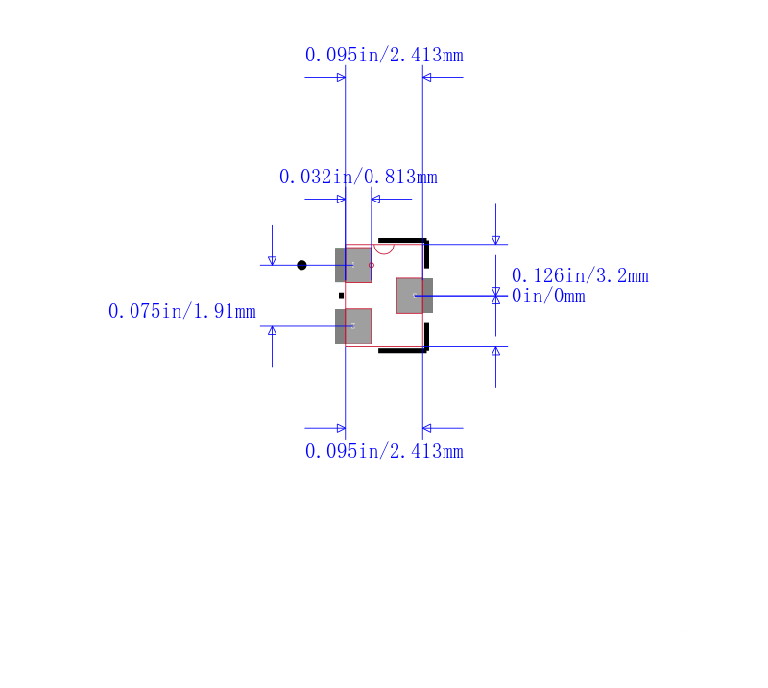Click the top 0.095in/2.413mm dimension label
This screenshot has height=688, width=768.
coord(384,55)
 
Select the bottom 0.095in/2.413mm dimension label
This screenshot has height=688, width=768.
coord(384,451)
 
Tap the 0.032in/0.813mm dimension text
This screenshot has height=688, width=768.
coord(358,177)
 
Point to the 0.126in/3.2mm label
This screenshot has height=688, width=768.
coord(580,275)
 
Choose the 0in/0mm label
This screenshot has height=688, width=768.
coord(548,296)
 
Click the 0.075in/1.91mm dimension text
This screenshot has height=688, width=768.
coord(182,312)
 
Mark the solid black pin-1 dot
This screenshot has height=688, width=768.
coord(301,265)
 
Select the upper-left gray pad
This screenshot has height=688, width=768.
coord(353,265)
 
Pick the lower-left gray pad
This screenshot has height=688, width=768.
coord(353,326)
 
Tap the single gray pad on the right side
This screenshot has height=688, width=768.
coord(415,296)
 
